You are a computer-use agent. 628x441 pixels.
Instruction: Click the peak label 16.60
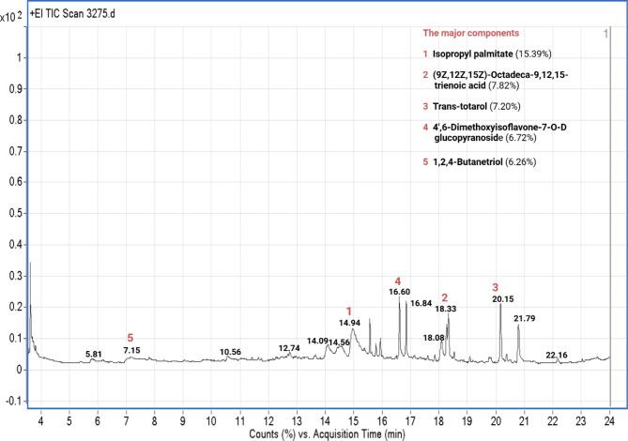[399, 293]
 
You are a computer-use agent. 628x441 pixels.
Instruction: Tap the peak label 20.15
[503, 298]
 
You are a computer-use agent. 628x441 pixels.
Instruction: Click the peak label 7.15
[131, 350]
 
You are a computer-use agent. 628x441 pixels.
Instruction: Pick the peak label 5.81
[93, 354]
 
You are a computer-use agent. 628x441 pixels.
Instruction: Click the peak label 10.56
[230, 352]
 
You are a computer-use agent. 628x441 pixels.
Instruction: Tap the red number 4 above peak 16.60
[398, 281]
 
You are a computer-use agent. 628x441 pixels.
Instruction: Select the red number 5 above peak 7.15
[130, 338]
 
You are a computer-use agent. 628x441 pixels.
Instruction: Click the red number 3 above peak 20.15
[497, 286]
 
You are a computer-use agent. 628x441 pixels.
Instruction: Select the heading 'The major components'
[466, 34]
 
